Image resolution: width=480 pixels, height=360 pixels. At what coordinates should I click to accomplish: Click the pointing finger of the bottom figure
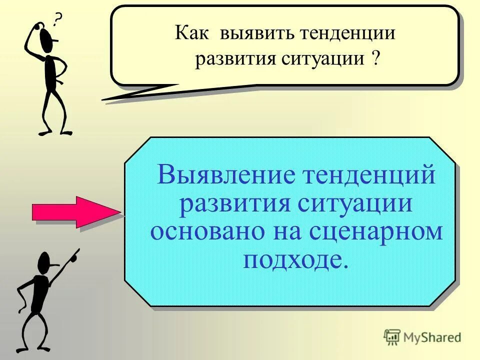point(76,252)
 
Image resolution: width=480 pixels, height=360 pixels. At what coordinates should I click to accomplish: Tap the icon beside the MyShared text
point(392,337)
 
